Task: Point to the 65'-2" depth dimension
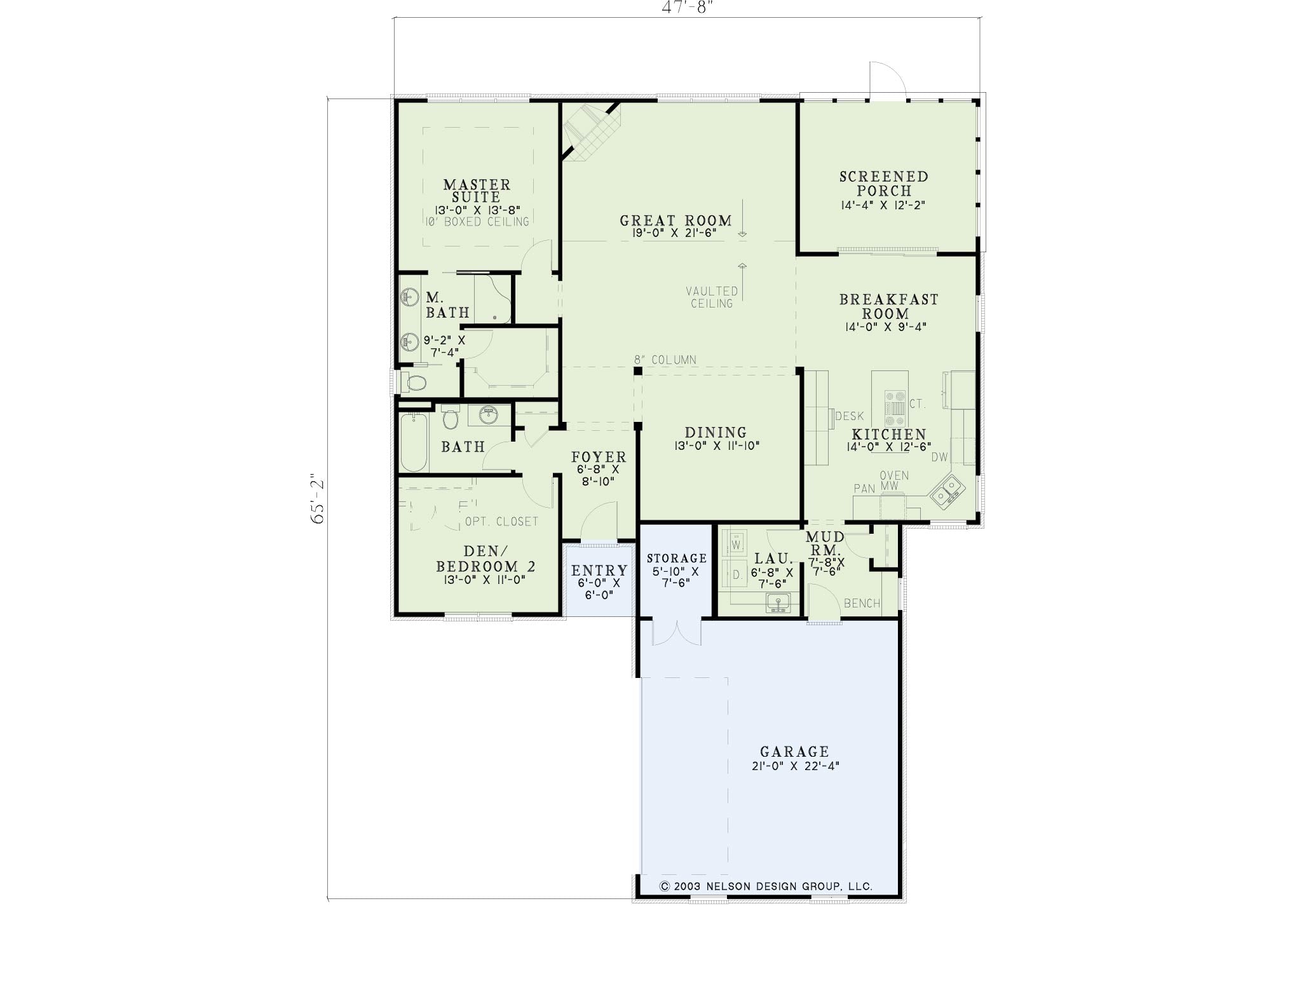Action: tap(318, 499)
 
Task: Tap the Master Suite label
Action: tap(477, 191)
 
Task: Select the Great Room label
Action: tap(676, 220)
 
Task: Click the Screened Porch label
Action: tap(884, 184)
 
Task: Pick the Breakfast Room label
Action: tap(888, 306)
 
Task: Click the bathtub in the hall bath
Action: tap(414, 442)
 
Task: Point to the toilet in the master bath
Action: tap(414, 383)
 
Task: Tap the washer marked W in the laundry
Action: tap(737, 545)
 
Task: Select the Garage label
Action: tap(794, 752)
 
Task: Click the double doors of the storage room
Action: tap(677, 632)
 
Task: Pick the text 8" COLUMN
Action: tap(665, 360)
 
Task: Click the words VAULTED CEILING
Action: tap(712, 297)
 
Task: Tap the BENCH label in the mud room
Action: tap(862, 603)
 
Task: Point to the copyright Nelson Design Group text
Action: tap(766, 886)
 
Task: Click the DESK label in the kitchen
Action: tap(849, 416)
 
